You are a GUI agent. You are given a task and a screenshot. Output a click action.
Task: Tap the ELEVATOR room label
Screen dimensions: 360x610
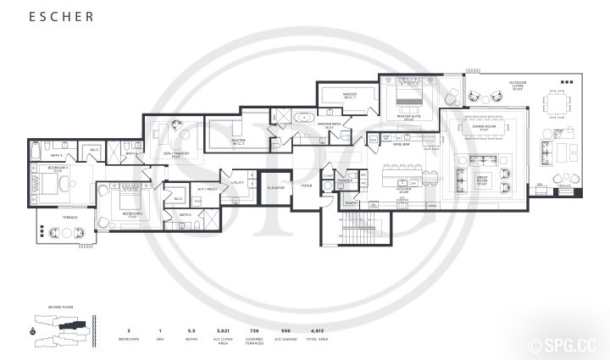coord(274,188)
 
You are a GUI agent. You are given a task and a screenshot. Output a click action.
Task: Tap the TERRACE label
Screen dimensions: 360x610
coord(69,217)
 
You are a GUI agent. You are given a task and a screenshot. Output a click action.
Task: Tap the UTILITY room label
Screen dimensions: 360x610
coord(237,181)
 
